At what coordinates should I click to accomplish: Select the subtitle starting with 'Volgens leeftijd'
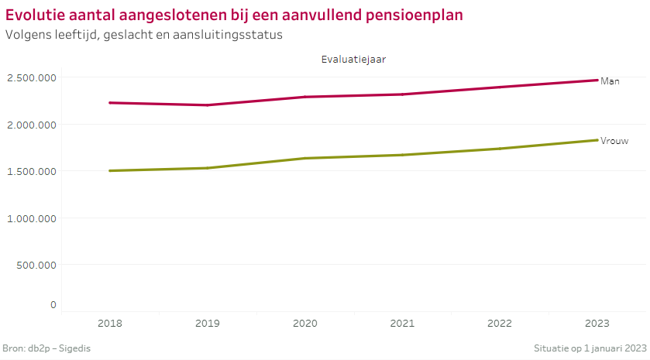click(x=143, y=35)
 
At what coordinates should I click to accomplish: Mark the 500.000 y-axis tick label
click(x=36, y=265)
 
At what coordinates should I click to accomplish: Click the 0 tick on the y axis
click(x=53, y=304)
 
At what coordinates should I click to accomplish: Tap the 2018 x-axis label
click(x=110, y=323)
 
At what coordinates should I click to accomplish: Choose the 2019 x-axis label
click(x=208, y=323)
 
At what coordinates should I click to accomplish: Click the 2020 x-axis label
click(x=305, y=323)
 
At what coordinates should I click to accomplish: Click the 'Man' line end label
click(x=610, y=81)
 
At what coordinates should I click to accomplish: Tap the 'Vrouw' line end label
click(x=614, y=141)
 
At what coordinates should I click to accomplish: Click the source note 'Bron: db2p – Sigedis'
click(x=47, y=348)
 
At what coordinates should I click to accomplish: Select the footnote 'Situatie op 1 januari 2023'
click(x=590, y=348)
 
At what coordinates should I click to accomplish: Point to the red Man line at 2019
click(x=208, y=105)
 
